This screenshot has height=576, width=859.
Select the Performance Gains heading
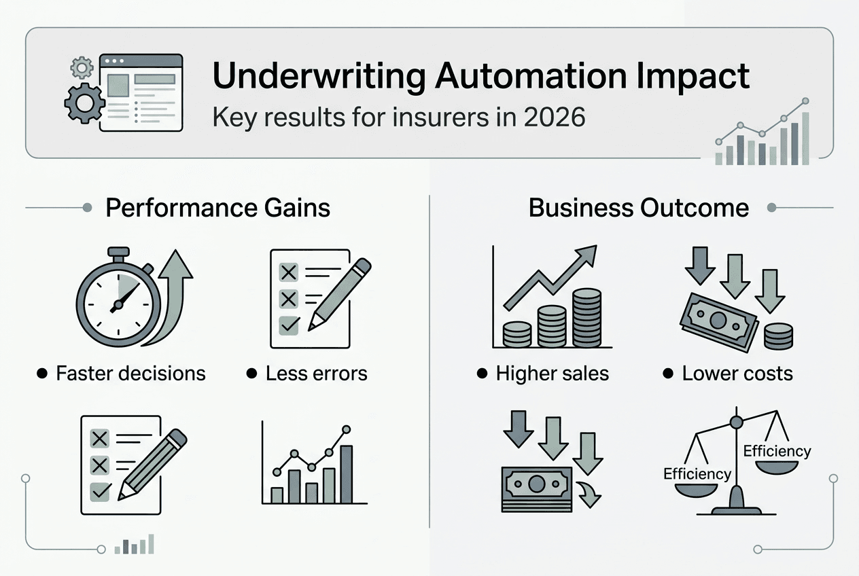[217, 208]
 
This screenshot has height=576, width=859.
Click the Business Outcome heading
[638, 208]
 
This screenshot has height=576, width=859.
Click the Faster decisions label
[130, 373]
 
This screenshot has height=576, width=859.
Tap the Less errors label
[316, 373]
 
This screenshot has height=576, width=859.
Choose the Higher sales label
[552, 373]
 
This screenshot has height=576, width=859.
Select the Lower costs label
[737, 373]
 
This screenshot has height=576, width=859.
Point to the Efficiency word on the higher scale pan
[777, 451]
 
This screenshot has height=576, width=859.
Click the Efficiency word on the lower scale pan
[697, 473]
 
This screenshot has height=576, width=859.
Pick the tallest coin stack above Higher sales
[587, 318]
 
